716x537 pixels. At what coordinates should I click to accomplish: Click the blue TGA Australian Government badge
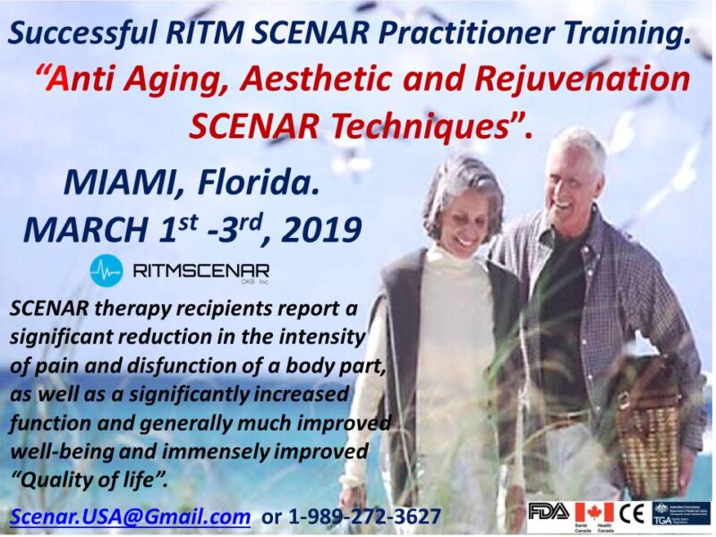click(x=681, y=513)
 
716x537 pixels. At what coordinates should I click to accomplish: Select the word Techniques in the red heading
click(x=420, y=126)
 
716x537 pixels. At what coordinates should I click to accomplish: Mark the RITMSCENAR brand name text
click(x=200, y=268)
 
